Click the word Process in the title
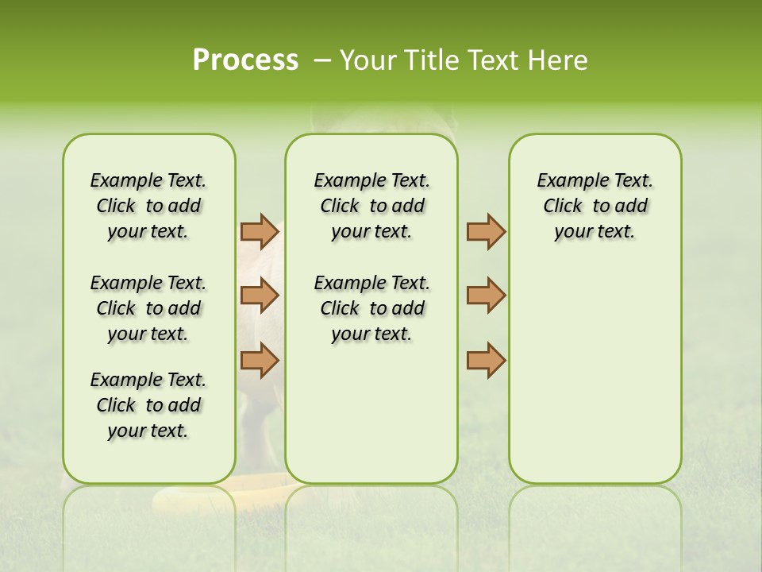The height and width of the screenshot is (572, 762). click(245, 60)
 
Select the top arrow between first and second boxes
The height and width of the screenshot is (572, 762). click(260, 232)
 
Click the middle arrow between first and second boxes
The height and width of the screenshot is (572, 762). click(260, 296)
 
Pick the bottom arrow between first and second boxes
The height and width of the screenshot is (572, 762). click(260, 360)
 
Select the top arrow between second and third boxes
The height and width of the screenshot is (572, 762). click(486, 232)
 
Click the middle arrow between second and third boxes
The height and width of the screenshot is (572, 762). click(486, 296)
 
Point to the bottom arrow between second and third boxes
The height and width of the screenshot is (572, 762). click(486, 360)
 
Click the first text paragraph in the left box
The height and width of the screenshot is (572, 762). click(148, 206)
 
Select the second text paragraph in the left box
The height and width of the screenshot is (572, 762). click(148, 308)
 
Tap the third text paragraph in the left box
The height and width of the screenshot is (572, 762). click(148, 405)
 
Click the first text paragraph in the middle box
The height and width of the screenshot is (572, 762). click(371, 206)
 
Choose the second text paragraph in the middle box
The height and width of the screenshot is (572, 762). click(371, 308)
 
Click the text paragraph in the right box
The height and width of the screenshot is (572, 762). click(595, 206)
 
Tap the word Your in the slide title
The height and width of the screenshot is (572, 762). click(364, 60)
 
